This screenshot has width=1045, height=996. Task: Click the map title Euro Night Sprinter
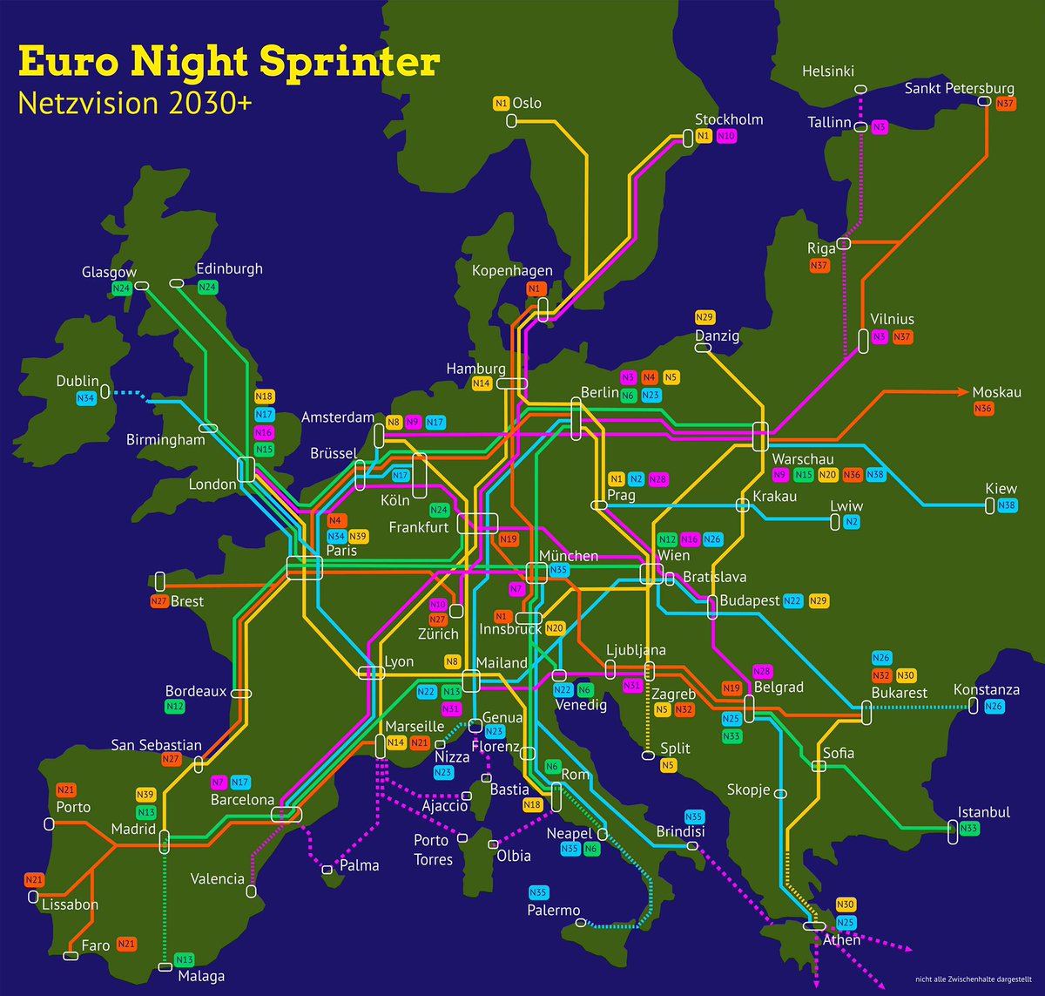pyautogui.click(x=228, y=63)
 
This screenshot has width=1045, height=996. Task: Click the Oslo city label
pyautogui.click(x=527, y=103)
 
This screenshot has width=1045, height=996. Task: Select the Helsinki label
pyautogui.click(x=828, y=71)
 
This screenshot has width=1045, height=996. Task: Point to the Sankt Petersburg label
pyautogui.click(x=959, y=88)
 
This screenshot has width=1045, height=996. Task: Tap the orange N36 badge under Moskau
pyautogui.click(x=983, y=408)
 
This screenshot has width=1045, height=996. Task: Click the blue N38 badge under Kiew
pyautogui.click(x=1007, y=505)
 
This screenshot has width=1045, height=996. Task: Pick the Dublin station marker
pyautogui.click(x=105, y=391)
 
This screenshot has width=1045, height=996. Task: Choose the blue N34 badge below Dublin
pyautogui.click(x=85, y=399)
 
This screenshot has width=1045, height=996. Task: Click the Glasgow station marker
pyautogui.click(x=142, y=285)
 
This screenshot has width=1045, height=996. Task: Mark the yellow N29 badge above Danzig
pyautogui.click(x=705, y=317)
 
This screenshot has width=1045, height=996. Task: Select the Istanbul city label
pyautogui.click(x=984, y=812)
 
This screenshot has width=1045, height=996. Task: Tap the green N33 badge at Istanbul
pyautogui.click(x=969, y=829)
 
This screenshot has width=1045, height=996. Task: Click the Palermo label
pyautogui.click(x=554, y=911)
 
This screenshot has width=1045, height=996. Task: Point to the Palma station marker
pyautogui.click(x=327, y=869)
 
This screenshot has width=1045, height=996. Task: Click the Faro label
pyautogui.click(x=96, y=945)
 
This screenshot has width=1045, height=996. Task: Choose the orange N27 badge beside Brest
pyautogui.click(x=158, y=601)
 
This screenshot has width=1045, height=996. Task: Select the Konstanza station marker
pyautogui.click(x=974, y=708)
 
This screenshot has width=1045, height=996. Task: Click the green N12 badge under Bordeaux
pyautogui.click(x=174, y=707)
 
